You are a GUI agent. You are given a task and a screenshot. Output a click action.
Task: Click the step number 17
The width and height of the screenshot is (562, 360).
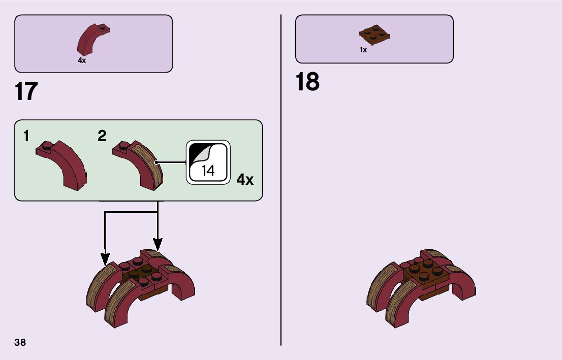coord(26,92)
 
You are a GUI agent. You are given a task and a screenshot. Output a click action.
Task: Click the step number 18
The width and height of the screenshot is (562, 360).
coord(307,82)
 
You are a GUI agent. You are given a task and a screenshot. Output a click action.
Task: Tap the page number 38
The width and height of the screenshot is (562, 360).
coord(20,342)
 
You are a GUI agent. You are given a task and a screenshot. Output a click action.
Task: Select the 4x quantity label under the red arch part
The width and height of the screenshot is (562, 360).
coord(82,60)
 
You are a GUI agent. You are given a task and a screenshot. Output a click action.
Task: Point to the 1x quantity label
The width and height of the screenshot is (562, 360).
coord(363,50)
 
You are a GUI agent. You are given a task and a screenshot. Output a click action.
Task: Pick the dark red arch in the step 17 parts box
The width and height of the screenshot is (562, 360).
coord(91,39)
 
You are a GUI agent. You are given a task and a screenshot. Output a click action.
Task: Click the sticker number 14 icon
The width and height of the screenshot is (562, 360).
coord(208,162)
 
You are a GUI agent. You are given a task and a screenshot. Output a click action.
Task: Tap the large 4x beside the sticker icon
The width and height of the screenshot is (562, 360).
coord(245,179)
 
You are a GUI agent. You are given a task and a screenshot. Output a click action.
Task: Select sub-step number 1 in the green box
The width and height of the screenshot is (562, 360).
coord(26,136)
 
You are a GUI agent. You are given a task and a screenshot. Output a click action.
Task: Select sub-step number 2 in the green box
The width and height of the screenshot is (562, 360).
coord(102,136)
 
